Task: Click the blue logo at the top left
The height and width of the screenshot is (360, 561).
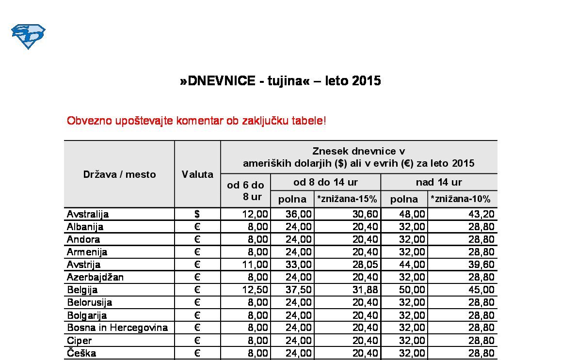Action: (28, 36)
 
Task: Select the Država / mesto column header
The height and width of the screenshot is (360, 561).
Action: (119, 174)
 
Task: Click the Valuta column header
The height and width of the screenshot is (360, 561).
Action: (197, 174)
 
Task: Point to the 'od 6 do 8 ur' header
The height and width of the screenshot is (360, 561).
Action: (245, 190)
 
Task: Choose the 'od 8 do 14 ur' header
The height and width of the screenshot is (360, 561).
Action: (325, 182)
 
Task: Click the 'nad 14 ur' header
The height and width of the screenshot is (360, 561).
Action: (439, 182)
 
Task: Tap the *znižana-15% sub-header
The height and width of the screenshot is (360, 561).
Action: (347, 199)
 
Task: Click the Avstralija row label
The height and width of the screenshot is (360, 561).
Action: (88, 214)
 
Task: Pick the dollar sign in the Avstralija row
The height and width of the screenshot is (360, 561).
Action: (197, 214)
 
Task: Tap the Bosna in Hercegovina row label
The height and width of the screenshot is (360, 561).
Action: (117, 328)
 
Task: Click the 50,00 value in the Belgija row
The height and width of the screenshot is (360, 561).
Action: (412, 290)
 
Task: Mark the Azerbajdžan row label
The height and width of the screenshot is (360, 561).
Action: (96, 277)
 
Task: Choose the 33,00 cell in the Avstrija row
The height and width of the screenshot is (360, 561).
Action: (299, 265)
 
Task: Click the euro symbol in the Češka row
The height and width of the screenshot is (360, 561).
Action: (197, 353)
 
